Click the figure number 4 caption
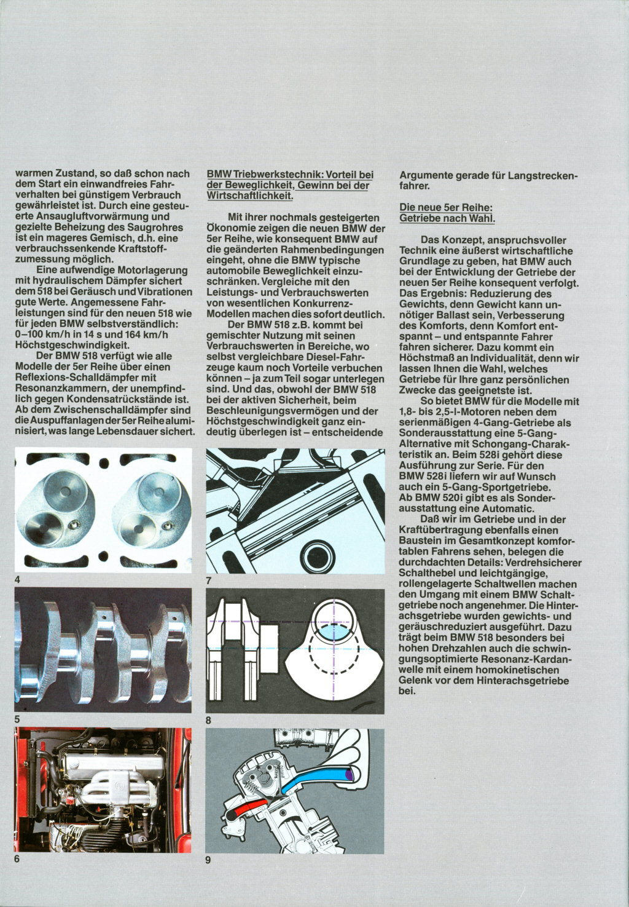pos(17,580)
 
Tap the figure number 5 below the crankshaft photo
pos(17,719)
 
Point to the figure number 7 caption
pos(208,580)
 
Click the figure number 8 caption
pos(208,720)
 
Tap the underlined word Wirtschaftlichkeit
pos(249,196)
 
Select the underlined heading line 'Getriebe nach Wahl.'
pos(447,218)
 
